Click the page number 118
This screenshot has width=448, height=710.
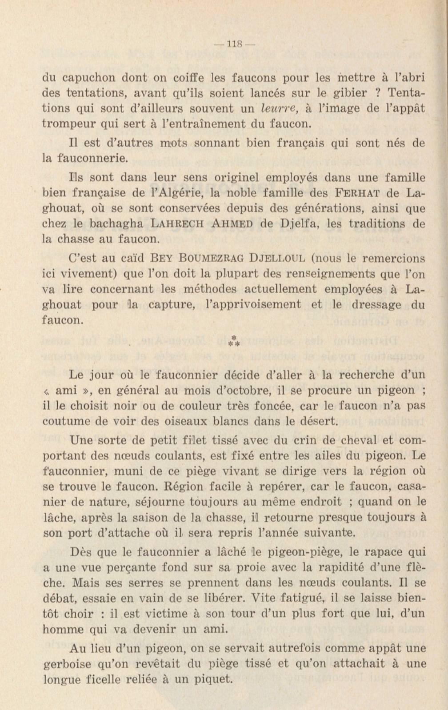pyautogui.click(x=234, y=44)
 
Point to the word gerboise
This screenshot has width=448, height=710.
pyautogui.click(x=68, y=664)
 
